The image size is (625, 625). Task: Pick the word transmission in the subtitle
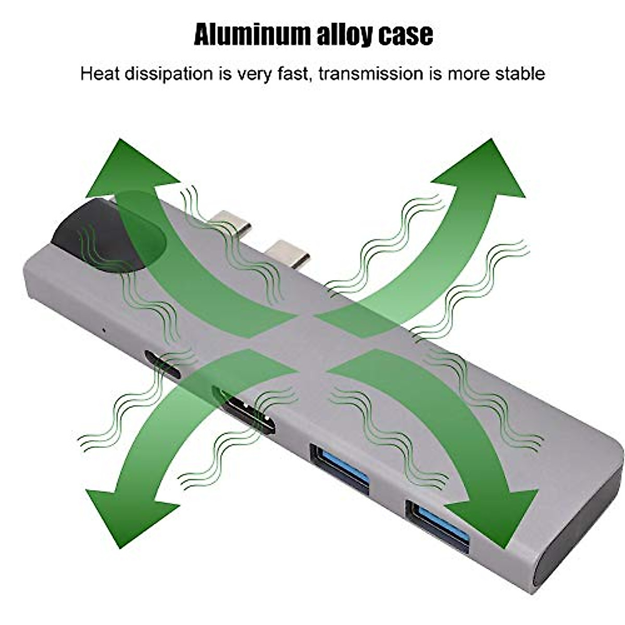[371, 73]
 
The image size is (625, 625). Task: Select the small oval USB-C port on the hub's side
[163, 364]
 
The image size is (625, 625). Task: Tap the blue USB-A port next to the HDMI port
[340, 467]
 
